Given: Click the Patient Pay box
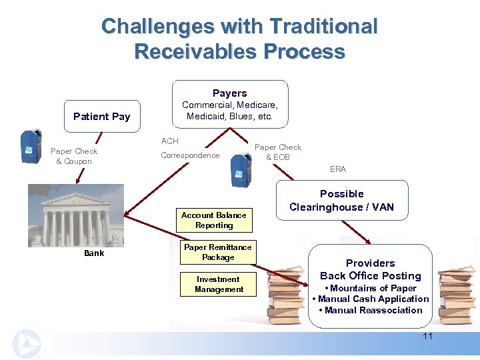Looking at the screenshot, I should point(101,117).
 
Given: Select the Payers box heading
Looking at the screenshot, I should point(229,93).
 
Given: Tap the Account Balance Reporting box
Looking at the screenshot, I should point(213,220).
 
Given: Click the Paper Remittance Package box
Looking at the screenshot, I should point(218,252).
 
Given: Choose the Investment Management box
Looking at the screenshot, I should point(218,284).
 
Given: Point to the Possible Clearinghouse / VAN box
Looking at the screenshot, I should point(341,200).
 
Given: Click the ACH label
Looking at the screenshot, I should point(170,141).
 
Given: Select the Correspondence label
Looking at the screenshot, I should point(190,155).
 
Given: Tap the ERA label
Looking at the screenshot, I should point(338,169).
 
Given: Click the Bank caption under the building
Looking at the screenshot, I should point(94,253).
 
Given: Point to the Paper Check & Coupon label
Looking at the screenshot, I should point(74,156).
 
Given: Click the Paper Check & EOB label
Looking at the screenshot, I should point(278,152).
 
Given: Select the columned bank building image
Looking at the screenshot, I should point(77,217).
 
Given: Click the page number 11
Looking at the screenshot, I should point(427,336).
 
